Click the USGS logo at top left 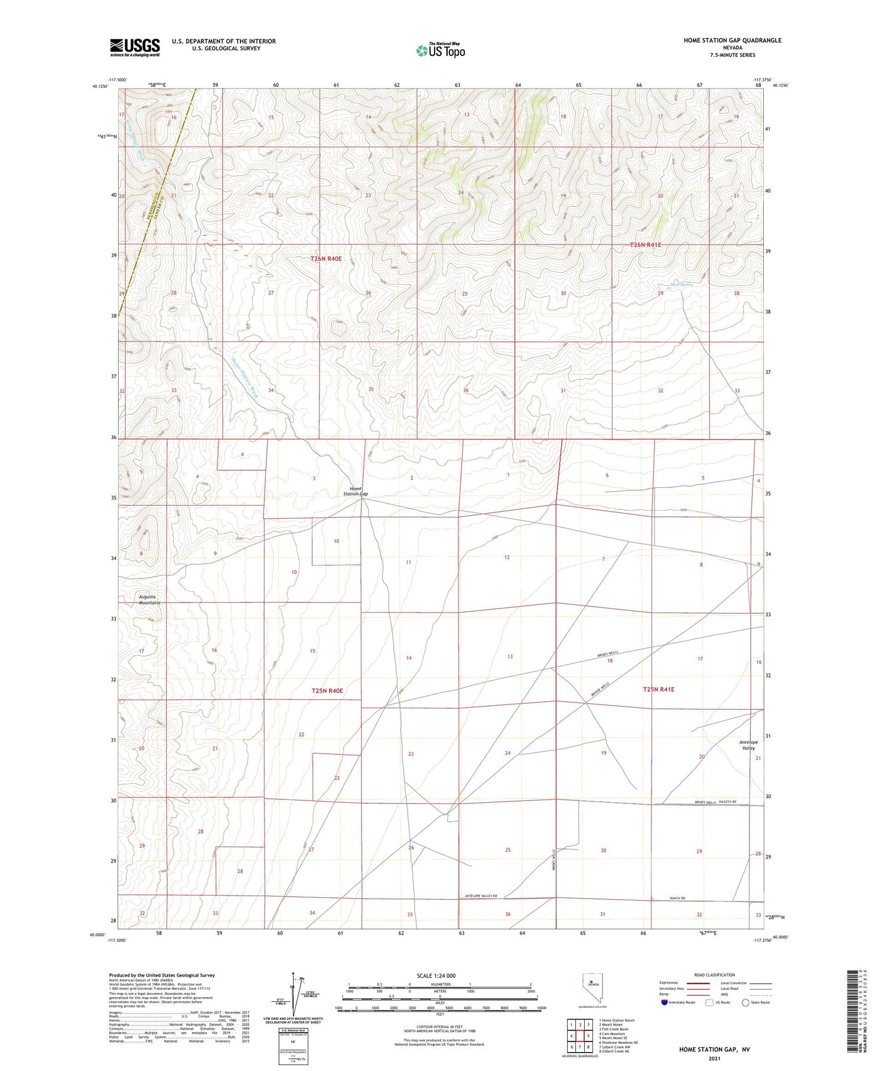point(135,47)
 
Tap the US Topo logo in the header point(440,50)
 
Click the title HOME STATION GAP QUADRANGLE point(732,40)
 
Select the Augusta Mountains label point(149,600)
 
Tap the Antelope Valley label point(748,745)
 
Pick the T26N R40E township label point(326,259)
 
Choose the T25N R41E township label point(658,689)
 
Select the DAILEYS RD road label point(727,802)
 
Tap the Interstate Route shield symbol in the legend point(666,1002)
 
